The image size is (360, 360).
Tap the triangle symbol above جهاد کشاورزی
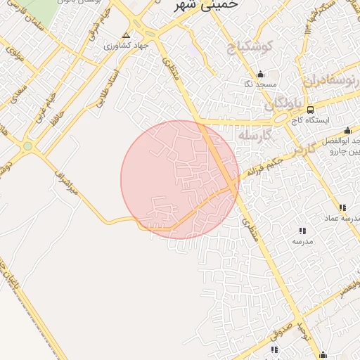pyautogui.click(x=126, y=34)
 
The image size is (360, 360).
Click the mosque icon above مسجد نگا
pyautogui.click(x=260, y=75)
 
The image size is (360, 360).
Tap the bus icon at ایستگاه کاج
pyautogui.click(x=309, y=110)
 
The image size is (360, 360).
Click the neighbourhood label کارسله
pyautogui.click(x=254, y=134)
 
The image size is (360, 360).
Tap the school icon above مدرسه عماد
pyautogui.click(x=342, y=208)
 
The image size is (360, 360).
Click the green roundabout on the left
pyautogui.click(x=27, y=146)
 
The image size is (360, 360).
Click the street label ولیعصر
pyautogui.click(x=349, y=291)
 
